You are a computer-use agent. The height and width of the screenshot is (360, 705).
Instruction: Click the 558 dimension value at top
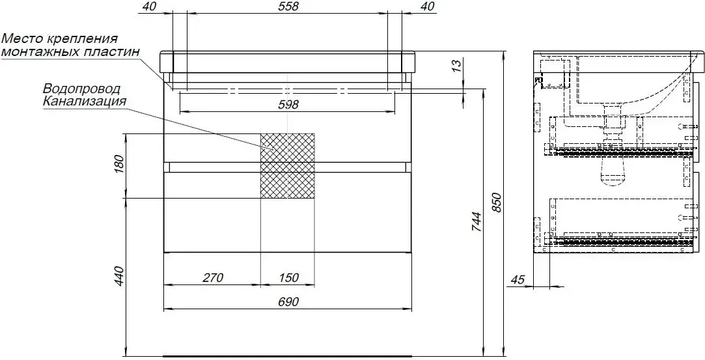[x=287, y=7]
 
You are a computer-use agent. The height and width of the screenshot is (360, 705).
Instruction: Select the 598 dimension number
[x=288, y=105]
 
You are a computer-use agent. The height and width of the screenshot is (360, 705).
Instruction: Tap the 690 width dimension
[x=288, y=302]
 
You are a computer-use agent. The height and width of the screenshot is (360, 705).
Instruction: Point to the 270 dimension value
[x=213, y=278]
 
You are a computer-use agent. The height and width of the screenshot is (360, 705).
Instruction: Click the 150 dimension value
[x=288, y=278]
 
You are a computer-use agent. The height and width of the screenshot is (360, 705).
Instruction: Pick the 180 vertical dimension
[x=118, y=165]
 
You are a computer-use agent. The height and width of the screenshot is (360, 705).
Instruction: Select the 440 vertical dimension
[x=118, y=277]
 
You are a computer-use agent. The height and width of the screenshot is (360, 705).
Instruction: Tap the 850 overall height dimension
[x=496, y=203]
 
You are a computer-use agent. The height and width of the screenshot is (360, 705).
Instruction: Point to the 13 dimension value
[x=456, y=66]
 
